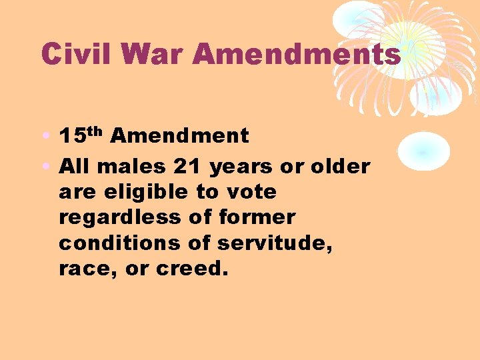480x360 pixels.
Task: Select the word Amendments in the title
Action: point(296,54)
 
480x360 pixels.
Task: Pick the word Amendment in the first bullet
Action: point(179,137)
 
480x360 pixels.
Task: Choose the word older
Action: point(339,166)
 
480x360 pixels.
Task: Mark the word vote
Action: point(251,193)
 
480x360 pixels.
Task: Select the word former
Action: point(257,218)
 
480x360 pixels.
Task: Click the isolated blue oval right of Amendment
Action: point(423,149)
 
